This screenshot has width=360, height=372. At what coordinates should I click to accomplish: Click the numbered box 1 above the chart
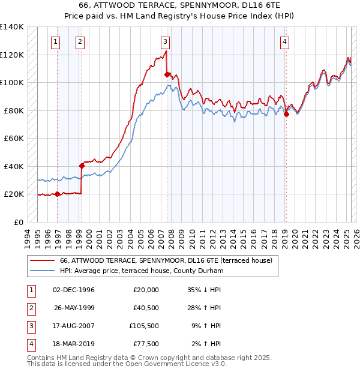click(x=55, y=41)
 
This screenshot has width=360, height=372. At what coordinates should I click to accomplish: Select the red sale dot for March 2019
click(x=286, y=114)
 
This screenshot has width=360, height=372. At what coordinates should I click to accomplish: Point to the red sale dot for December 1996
click(x=58, y=194)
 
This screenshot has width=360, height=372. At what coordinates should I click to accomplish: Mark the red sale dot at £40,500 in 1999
click(x=82, y=165)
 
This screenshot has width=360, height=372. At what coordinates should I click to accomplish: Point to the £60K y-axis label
click(x=14, y=138)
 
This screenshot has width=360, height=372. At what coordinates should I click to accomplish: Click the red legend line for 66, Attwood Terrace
click(x=42, y=261)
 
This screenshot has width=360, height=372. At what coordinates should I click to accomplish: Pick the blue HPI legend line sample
click(x=42, y=271)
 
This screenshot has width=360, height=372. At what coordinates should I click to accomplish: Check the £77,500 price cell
click(x=145, y=344)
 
